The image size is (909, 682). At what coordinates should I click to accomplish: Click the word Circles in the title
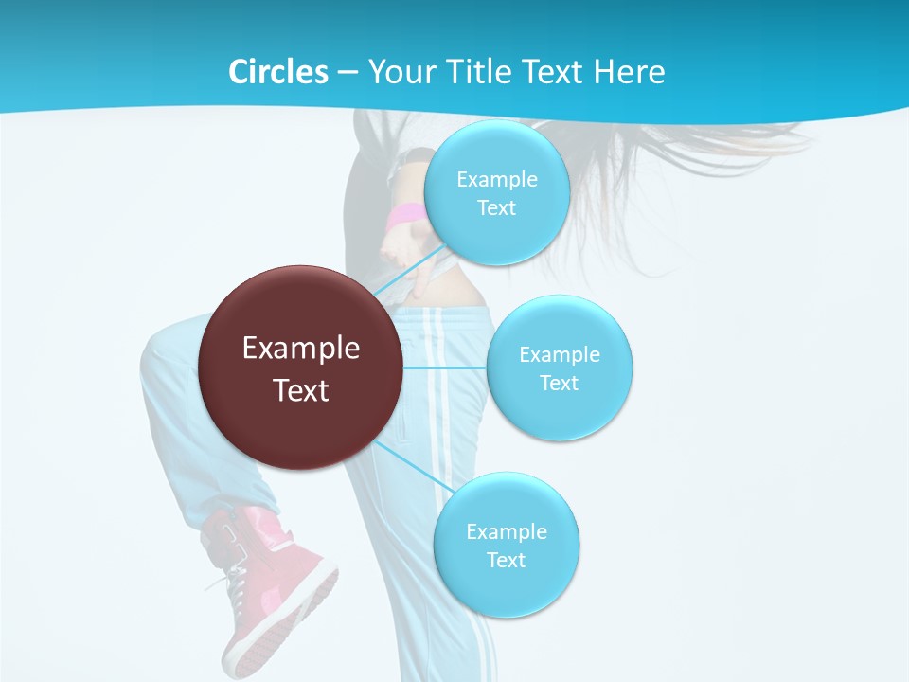(277, 72)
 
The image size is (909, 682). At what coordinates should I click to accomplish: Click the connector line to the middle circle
(445, 368)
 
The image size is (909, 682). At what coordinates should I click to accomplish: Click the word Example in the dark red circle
(301, 349)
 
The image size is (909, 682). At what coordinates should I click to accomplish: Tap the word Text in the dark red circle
(301, 390)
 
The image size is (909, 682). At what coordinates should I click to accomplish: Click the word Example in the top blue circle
(497, 180)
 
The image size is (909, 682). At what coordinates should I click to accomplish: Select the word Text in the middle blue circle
(560, 384)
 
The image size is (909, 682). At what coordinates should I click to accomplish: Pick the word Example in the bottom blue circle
(507, 532)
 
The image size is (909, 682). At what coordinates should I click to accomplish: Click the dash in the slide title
(348, 73)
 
